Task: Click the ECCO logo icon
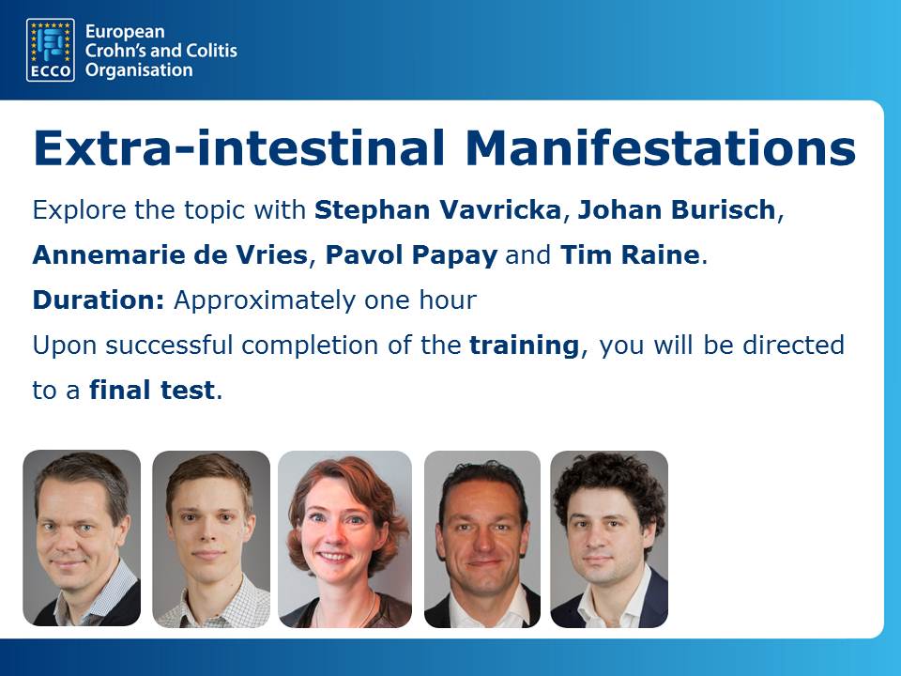[51, 50]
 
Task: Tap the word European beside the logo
[125, 32]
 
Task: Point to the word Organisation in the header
[139, 70]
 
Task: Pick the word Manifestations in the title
[661, 147]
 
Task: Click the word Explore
[80, 210]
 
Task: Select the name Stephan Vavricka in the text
[437, 209]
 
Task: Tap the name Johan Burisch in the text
[677, 209]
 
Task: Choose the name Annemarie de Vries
[170, 254]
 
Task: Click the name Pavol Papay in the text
[411, 255]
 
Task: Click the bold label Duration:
[99, 300]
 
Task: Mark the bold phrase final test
[152, 391]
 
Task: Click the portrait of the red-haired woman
[344, 539]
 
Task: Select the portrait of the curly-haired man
[609, 539]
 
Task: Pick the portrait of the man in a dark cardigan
[82, 538]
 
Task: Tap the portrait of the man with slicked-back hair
[482, 539]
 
